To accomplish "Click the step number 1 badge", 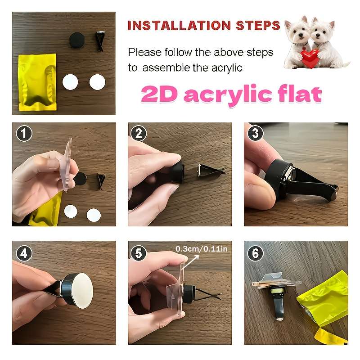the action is click(x=24, y=133).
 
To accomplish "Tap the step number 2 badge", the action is click(x=139, y=133).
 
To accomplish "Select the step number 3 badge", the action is click(x=255, y=133).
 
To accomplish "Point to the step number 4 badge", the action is click(x=24, y=253).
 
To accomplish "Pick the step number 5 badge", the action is click(x=139, y=253).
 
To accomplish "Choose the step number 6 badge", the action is click(x=255, y=253).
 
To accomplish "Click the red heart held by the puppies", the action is click(x=310, y=58).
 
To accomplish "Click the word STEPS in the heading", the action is click(x=258, y=25).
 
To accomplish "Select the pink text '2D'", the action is click(x=159, y=94).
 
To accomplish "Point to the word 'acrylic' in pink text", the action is click(x=228, y=95).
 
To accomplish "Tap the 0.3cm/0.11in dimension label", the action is click(x=201, y=249).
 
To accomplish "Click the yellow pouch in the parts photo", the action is click(x=37, y=82).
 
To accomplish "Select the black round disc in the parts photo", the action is click(x=76, y=40).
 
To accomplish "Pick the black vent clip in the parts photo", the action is click(x=100, y=40).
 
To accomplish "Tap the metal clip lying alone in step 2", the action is click(x=211, y=170).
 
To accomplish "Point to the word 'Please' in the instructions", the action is click(x=144, y=52).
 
